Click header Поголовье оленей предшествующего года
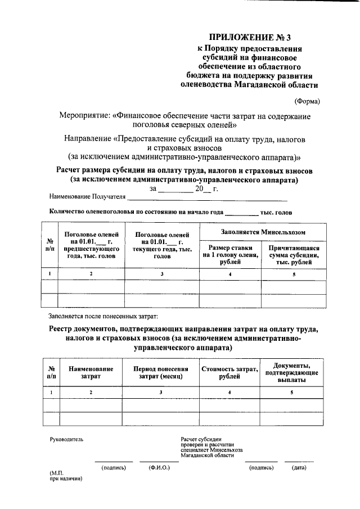click(91, 245)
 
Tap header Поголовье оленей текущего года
click(162, 245)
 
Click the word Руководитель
click(66, 439)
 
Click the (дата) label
click(299, 468)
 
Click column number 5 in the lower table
click(292, 392)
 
